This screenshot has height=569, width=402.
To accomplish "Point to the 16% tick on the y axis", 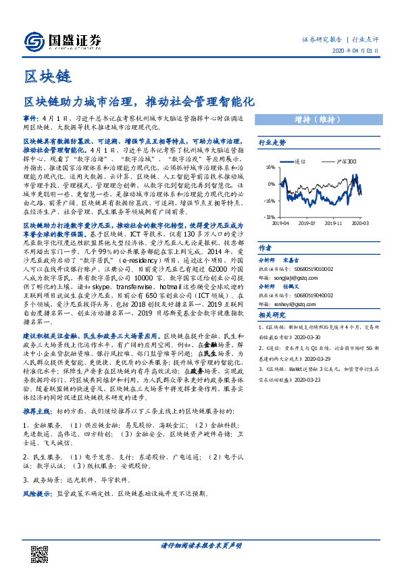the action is [270, 166].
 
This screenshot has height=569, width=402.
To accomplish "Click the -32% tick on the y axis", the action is [269, 217].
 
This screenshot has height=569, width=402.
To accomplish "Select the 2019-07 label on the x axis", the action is [307, 222].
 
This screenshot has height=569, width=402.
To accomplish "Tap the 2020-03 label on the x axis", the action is [360, 222].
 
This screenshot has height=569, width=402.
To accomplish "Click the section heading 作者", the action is [266, 247].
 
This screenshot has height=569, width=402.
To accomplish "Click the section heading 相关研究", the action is [272, 315].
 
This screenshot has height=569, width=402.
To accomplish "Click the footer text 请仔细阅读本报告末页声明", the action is [201, 545].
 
